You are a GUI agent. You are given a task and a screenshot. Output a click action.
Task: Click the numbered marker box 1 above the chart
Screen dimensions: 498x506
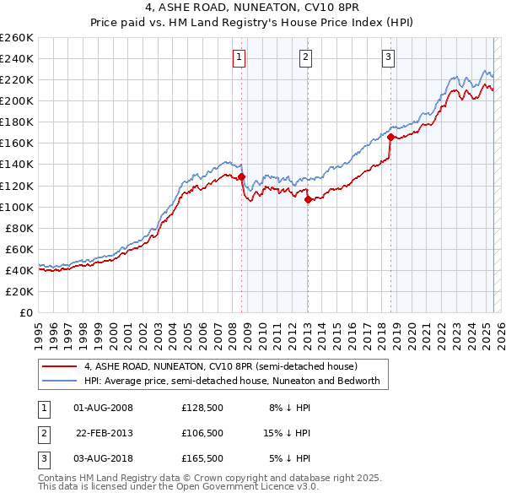tap(240, 57)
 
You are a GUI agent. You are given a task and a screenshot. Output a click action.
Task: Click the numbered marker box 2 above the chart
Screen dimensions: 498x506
tap(304, 57)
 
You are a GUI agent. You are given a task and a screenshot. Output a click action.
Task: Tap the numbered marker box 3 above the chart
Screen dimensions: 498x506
tap(388, 57)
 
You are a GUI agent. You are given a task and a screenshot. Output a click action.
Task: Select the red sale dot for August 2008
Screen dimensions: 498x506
tap(241, 176)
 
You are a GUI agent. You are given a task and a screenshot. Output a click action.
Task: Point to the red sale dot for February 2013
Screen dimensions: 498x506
tap(308, 200)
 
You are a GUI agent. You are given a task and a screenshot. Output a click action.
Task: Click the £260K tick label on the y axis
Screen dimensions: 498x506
tap(17, 38)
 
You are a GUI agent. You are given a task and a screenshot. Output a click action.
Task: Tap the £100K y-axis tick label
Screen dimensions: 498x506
tap(17, 207)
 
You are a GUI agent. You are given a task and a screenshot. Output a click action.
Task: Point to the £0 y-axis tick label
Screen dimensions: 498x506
tap(26, 312)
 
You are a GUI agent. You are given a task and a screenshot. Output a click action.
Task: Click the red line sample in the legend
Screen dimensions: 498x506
tap(59, 366)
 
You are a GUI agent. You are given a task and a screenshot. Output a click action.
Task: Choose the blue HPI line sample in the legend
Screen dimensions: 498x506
tap(59, 381)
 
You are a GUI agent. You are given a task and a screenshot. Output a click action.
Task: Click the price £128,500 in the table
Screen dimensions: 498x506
tap(202, 408)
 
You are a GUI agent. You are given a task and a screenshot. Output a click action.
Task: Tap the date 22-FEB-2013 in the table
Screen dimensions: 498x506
tap(105, 433)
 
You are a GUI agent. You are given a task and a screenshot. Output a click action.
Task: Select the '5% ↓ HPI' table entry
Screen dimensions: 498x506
tap(290, 458)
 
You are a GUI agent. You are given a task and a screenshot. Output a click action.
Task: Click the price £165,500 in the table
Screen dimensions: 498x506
tap(202, 458)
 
